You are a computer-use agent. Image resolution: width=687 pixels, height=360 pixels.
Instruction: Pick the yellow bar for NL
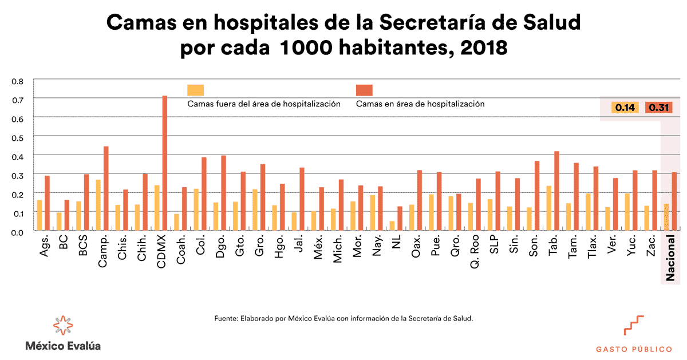coord(392,225)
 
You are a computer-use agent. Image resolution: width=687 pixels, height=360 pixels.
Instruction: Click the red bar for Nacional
coord(674,200)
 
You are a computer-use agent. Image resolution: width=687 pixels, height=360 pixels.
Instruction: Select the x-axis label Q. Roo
coord(475,255)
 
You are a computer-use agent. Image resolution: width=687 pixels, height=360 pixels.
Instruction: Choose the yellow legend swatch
coord(195,90)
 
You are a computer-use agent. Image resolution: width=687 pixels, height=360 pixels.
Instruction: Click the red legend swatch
coord(364,90)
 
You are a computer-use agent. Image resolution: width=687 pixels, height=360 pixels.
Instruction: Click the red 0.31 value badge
coord(659,108)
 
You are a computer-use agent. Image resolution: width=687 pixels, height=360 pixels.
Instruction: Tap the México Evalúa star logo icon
coord(63,325)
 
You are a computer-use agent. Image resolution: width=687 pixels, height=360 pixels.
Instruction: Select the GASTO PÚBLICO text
coord(634,349)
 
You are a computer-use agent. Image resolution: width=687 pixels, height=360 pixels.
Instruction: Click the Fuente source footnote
coord(343,318)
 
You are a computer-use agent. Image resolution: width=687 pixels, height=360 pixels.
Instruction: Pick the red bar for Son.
coord(536,195)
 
